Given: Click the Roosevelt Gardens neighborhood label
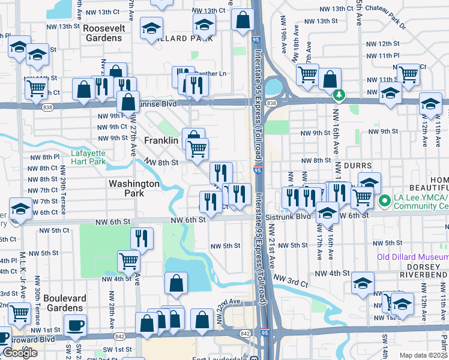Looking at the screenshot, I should pyautogui.click(x=103, y=32).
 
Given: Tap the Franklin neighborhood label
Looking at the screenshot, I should pyautogui.click(x=161, y=140).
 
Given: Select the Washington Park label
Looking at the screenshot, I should pyautogui.click(x=133, y=188).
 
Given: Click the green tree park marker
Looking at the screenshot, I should pyautogui.click(x=339, y=95).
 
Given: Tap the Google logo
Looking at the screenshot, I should pyautogui.click(x=20, y=353).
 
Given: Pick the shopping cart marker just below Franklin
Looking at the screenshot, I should pyautogui.click(x=197, y=148).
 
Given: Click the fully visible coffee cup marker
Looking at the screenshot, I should pyautogui.click(x=75, y=326).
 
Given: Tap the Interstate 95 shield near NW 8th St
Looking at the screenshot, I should pyautogui.click(x=257, y=170).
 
